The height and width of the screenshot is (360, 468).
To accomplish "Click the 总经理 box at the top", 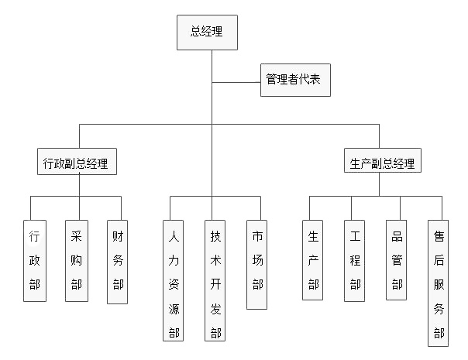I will click(207, 32).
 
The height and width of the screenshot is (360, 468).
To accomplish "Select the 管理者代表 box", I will click(295, 80).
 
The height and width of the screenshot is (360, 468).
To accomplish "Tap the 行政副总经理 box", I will click(76, 164).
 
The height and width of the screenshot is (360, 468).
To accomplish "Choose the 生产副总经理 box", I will click(382, 164).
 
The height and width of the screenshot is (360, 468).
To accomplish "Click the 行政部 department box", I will click(34, 260).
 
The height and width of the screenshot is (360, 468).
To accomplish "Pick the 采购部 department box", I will click(76, 260).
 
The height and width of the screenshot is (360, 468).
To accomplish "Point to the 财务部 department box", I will click(118, 260).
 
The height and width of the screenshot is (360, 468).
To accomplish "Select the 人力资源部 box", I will click(174, 281).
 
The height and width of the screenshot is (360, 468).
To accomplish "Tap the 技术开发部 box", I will click(215, 281).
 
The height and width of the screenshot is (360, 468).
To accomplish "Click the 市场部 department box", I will click(257, 264).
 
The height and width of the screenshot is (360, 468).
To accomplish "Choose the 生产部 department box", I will click(313, 260).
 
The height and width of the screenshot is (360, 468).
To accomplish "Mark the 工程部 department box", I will click(355, 260).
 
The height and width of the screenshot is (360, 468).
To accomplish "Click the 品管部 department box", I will click(397, 260).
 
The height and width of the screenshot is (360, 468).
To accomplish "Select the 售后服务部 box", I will click(439, 283).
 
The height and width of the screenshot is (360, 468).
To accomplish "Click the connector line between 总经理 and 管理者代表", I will click(236, 81).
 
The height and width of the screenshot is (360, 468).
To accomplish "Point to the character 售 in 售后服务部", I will click(439, 234).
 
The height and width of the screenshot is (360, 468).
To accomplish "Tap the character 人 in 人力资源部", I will click(174, 234).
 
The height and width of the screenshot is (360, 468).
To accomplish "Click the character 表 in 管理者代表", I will click(318, 80).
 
